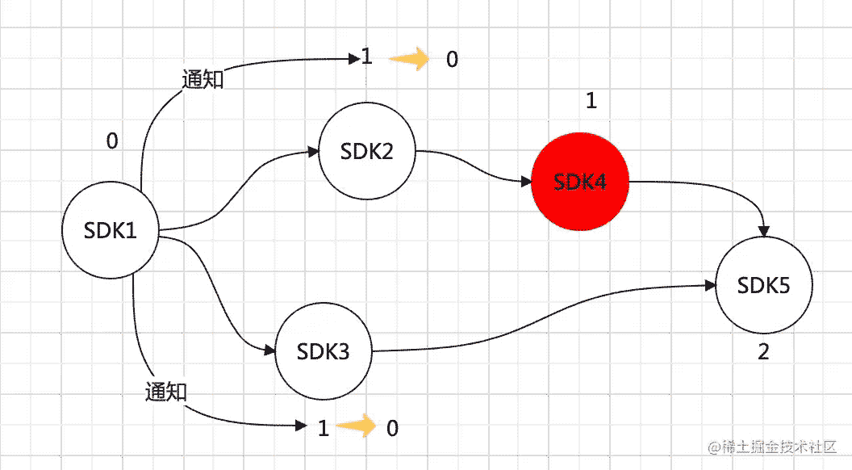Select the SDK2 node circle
click(366, 152)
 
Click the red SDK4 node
click(579, 183)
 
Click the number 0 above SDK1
click(112, 141)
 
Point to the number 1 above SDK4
click(591, 101)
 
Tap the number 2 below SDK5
click(763, 353)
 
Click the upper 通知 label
click(203, 79)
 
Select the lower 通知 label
click(166, 392)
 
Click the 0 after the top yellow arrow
click(452, 60)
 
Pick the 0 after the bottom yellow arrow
click(392, 428)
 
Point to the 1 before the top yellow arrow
click(367, 57)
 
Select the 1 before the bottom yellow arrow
click(324, 428)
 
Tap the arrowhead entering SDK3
click(269, 350)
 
